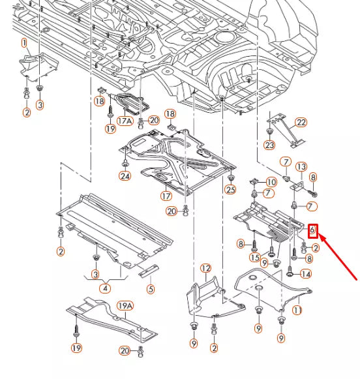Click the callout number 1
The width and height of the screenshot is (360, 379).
[24, 43]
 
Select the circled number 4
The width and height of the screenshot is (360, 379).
[106, 288]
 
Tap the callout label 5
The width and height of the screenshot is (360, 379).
[151, 288]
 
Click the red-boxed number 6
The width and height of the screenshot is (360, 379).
[312, 231]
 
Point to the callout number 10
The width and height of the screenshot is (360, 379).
[271, 182]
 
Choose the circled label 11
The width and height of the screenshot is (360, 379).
[297, 310]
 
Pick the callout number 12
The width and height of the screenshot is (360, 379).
[206, 269]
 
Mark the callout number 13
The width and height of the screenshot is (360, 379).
[301, 167]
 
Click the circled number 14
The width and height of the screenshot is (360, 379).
[306, 274]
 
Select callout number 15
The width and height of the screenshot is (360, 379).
[255, 257]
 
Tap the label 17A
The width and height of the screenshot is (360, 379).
[125, 121]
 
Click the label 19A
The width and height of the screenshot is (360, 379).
[126, 306]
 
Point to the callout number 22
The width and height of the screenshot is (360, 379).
[301, 123]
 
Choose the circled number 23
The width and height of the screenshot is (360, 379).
[269, 145]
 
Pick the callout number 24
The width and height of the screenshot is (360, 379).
[125, 176]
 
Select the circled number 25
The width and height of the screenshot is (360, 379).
[230, 189]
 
